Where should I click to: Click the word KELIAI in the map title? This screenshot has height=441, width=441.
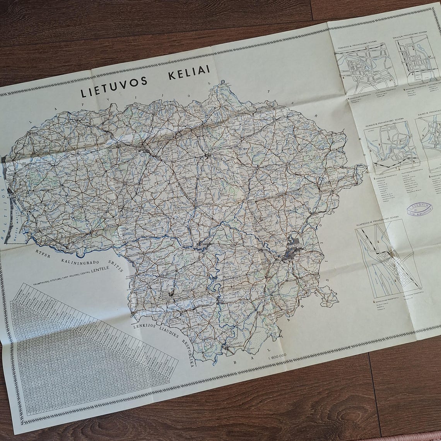189,72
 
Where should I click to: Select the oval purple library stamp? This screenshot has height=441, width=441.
419,210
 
